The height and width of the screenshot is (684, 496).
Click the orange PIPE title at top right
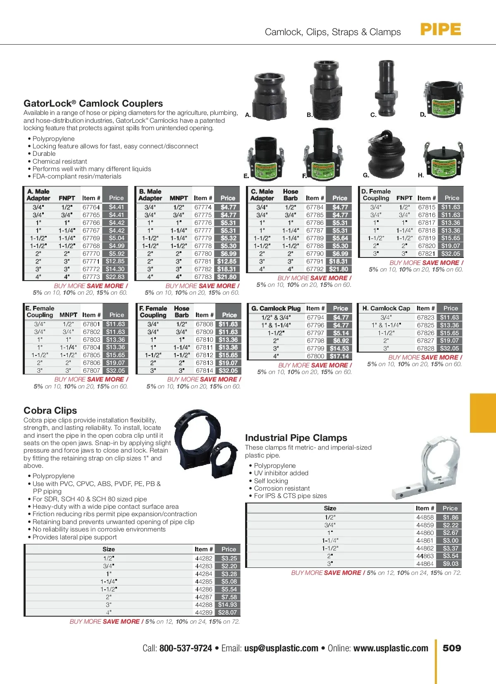click(440, 30)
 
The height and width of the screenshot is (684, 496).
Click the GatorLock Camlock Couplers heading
click(93, 103)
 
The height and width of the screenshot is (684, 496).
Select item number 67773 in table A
click(91, 277)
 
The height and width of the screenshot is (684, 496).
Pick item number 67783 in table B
click(203, 277)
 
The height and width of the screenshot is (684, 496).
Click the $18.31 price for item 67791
click(339, 261)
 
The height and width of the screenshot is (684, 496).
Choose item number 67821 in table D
click(427, 254)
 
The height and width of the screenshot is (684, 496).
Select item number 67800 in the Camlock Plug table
click(315, 356)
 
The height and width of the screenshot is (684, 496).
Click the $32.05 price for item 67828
click(449, 348)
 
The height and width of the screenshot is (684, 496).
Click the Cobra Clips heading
click(50, 410)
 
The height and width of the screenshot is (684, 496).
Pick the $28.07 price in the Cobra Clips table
click(227, 613)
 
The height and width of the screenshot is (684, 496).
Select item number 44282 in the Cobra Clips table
click(203, 558)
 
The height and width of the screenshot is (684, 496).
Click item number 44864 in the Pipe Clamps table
click(425, 564)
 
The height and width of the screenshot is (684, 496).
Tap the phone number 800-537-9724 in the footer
click(186, 648)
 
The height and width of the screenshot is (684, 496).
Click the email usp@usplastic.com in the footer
click(281, 648)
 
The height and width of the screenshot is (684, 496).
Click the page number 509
click(452, 648)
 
